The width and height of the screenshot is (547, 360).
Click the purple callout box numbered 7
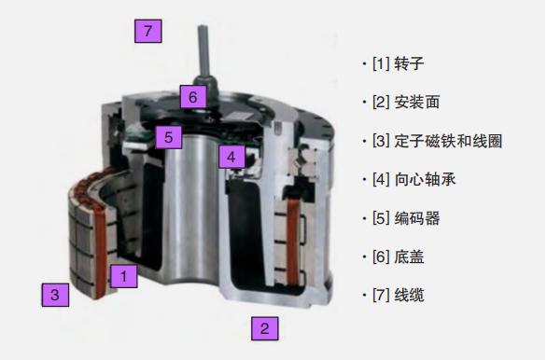point(148,31)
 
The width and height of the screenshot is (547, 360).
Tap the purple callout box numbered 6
point(193,97)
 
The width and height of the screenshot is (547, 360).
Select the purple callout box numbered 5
point(169,137)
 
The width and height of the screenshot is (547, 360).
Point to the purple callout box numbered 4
point(231,157)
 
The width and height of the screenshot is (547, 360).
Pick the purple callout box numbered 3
point(55,295)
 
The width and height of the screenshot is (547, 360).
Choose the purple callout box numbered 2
point(265,328)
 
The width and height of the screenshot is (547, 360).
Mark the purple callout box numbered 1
point(123,276)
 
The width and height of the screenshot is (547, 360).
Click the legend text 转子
point(409,63)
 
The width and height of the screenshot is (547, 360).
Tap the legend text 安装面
point(417,102)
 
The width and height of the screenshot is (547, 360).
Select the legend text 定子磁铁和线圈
point(448,141)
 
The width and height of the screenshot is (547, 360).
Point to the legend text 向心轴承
point(425,180)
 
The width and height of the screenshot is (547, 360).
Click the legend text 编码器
point(417,218)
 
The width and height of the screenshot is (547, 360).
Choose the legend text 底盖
point(409,257)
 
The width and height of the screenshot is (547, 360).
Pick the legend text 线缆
point(409,296)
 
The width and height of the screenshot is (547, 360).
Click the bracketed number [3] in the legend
point(381,141)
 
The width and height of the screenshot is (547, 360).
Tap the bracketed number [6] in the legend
point(381,257)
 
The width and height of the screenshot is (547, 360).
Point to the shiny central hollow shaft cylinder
point(190,209)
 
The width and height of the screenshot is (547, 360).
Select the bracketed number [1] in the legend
point(381,63)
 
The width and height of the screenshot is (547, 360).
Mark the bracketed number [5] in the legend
point(381,218)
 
